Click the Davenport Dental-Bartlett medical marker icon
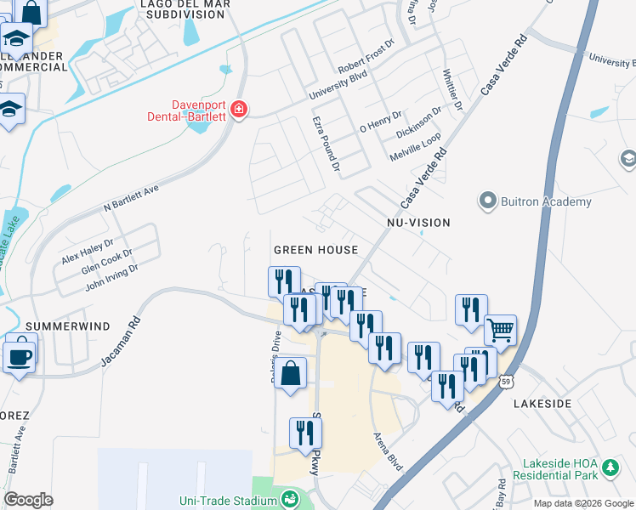[239, 110]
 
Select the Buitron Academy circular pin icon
[487, 201]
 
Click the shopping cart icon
[500, 330]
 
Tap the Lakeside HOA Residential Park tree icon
[609, 467]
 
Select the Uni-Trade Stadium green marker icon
[290, 498]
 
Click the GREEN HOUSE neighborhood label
[315, 250]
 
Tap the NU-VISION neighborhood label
[417, 223]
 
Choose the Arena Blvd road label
[388, 450]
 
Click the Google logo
[29, 500]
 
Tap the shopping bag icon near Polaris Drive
[290, 373]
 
